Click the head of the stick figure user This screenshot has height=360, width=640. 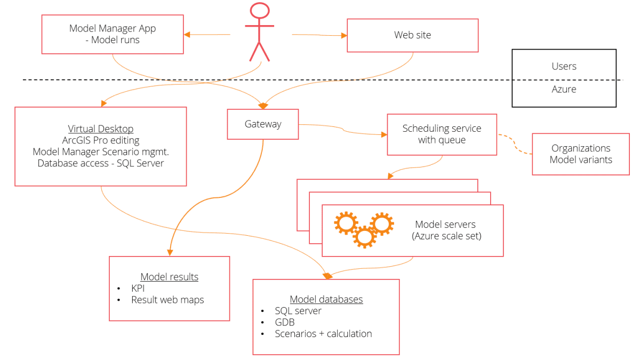point(260,12)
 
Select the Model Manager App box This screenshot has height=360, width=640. point(113,34)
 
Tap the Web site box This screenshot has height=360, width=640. point(412,35)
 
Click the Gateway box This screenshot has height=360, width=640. point(262,124)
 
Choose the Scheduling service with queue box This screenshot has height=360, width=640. point(442,134)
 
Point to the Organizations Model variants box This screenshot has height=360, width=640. point(581,154)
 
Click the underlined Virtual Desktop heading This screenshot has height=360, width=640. point(101,129)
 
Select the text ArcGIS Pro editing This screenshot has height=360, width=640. point(101,140)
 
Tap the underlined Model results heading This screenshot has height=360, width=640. point(169,277)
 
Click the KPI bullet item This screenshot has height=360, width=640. point(138,289)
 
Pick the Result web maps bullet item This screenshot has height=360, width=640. point(167,300)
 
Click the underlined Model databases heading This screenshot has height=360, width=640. point(326,299)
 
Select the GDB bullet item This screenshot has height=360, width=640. point(285,322)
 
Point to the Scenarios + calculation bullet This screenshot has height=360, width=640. point(323,334)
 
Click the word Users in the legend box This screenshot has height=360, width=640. point(564,66)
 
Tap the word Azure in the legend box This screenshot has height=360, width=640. point(564,89)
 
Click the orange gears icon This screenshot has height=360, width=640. point(364,228)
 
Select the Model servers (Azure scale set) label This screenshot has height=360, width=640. point(446,230)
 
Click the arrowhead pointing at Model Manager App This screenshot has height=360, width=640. point(187,35)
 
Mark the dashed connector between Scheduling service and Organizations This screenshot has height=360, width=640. point(515,147)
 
